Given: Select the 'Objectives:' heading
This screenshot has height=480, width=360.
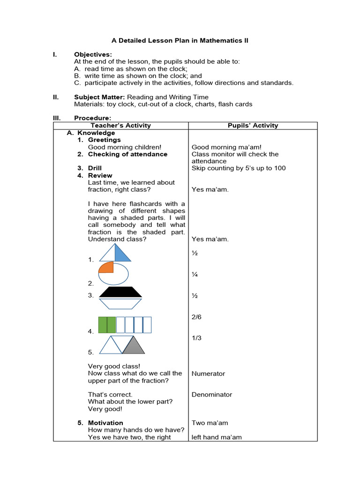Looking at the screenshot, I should point(93,55).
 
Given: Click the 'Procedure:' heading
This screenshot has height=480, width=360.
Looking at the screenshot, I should point(92,118).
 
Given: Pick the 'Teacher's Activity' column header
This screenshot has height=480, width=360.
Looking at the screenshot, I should point(121,126).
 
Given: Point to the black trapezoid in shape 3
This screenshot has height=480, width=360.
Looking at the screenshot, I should point(120,292).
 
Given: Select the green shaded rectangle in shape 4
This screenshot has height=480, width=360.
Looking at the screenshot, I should point(106,325).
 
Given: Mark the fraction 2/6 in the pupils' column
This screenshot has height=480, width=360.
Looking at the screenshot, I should point(196,317).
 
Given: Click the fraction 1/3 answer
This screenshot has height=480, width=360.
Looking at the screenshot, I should point(196,338).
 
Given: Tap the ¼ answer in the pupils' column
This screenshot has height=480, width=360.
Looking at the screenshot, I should point(195,275).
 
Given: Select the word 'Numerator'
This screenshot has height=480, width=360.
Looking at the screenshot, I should point(208,374).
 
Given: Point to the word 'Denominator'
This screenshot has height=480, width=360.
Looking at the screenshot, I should point(212,395).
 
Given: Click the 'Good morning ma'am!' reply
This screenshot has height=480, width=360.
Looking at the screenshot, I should point(227,147).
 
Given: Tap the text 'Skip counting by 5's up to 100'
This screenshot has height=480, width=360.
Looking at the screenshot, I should point(239,168).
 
